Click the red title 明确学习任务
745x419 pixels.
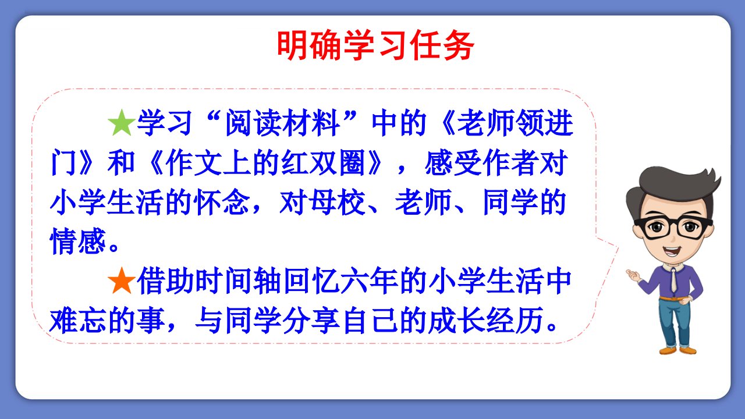point(375,46)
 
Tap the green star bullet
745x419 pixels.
point(122,123)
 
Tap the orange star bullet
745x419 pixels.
point(122,280)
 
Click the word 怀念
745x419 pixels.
point(223,202)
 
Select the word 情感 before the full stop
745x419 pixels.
point(78,241)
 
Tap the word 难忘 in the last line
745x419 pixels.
point(78,320)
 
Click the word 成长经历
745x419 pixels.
point(486,320)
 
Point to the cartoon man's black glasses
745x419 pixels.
point(674,228)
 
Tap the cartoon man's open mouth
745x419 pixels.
point(671,251)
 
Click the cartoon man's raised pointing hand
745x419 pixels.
point(633,276)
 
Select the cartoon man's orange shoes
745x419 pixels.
point(678,350)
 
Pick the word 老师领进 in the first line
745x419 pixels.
point(515,123)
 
